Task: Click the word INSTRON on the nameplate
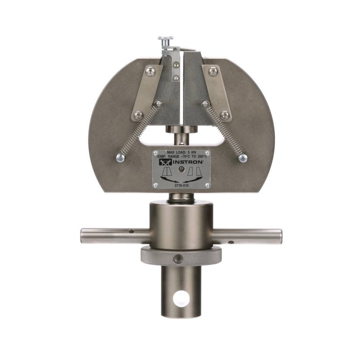pyautogui.click(x=187, y=162)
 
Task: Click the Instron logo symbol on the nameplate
pyautogui.click(x=165, y=162)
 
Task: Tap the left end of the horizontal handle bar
pyautogui.click(x=82, y=236)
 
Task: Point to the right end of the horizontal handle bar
pyautogui.click(x=281, y=236)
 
